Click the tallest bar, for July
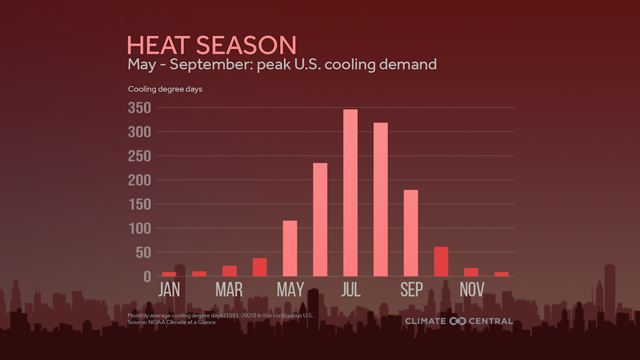click(350, 193)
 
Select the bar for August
click(381, 199)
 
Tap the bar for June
click(320, 219)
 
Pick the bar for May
click(290, 248)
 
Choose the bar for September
click(411, 233)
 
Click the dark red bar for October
click(441, 261)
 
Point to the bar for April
click(260, 267)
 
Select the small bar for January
click(169, 274)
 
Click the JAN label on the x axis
click(169, 290)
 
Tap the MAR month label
click(229, 290)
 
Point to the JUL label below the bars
click(350, 290)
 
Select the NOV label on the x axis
click(471, 290)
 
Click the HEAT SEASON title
click(212, 45)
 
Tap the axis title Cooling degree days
click(165, 89)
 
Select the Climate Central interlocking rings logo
click(458, 321)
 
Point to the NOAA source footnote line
click(172, 322)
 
